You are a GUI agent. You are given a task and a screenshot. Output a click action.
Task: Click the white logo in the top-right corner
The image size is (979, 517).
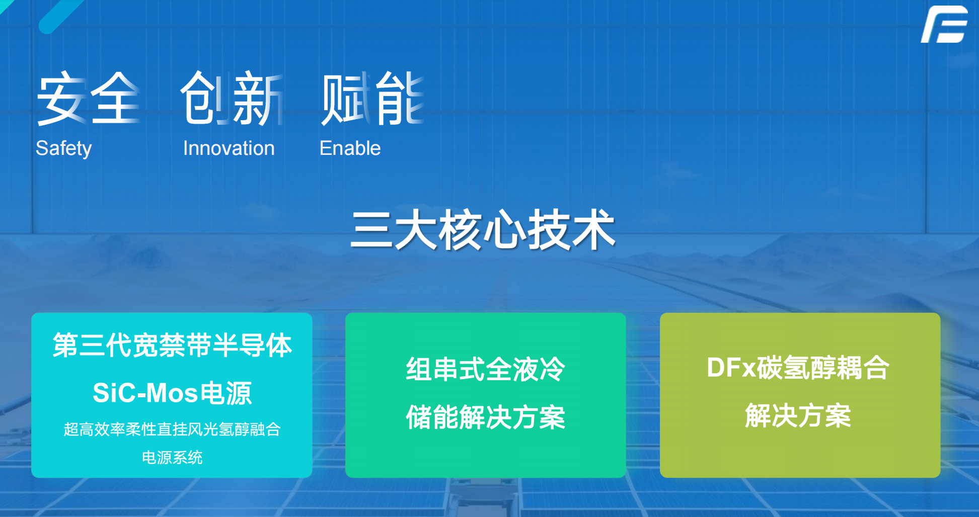(944, 24)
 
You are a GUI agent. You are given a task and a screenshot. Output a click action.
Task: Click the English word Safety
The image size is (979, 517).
(64, 148)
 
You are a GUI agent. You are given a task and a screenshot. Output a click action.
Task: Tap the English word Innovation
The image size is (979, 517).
(229, 148)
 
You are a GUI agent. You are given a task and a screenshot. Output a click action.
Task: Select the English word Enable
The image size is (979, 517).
(350, 148)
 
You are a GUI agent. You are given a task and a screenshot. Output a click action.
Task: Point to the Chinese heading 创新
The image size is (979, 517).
(232, 98)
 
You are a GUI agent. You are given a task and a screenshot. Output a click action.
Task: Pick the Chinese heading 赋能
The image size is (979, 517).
(372, 98)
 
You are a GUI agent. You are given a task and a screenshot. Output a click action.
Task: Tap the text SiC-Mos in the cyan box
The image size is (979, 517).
(144, 393)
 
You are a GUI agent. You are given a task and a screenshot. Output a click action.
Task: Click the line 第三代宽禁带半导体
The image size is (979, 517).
(172, 346)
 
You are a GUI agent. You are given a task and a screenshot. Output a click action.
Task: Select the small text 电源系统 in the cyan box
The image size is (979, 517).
(172, 458)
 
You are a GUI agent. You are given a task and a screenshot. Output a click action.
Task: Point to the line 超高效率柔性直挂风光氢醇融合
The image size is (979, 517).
(172, 429)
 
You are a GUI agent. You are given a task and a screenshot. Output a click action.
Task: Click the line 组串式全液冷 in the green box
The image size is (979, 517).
(486, 369)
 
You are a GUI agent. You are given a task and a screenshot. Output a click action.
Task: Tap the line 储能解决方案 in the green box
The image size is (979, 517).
(486, 417)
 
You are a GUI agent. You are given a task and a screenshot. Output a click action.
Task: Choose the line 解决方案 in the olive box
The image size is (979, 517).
(798, 415)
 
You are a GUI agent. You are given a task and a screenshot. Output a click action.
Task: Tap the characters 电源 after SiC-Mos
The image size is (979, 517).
(226, 393)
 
